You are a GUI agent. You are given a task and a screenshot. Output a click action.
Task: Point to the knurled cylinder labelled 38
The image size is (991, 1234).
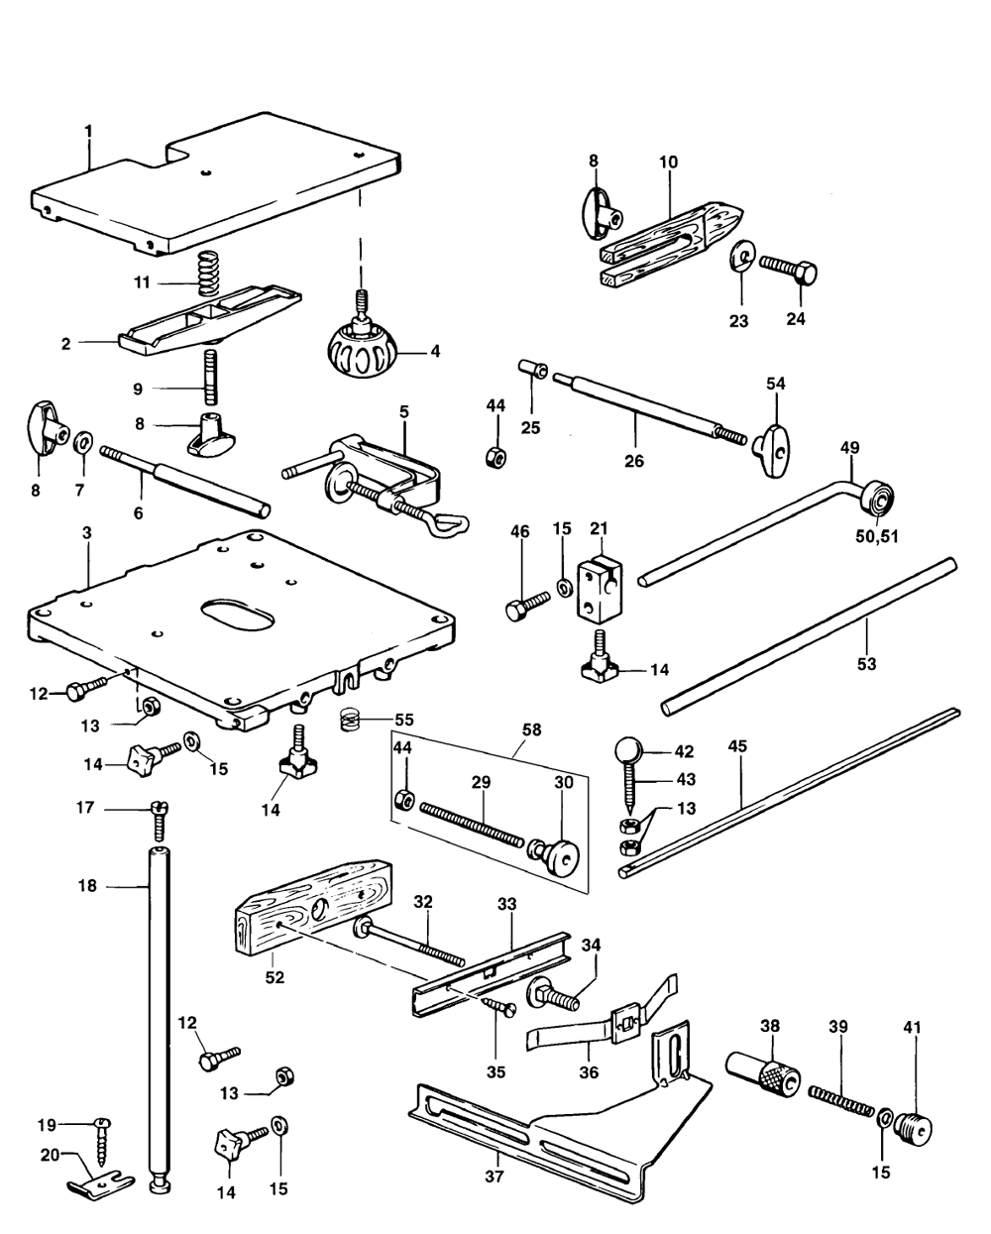click(x=763, y=1075)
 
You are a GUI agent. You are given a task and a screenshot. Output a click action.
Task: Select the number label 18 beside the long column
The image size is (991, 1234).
click(x=88, y=885)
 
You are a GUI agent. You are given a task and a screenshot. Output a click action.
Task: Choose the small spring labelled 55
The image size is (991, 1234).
click(x=348, y=721)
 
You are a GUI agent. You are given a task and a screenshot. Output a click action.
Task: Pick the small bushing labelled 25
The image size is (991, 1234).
click(x=535, y=371)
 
